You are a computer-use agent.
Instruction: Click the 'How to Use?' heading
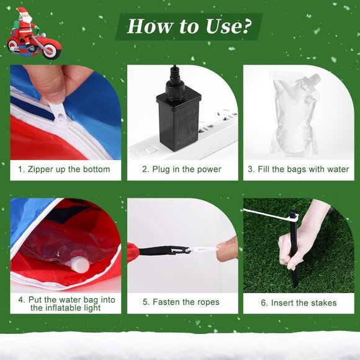pos(189,27)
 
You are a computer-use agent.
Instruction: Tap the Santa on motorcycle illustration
pos(34,34)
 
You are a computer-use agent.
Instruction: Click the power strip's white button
pos(151,150)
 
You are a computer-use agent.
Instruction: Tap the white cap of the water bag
pos(79,265)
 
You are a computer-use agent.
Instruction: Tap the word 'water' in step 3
pos(338,169)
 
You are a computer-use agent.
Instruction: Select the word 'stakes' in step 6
pos(323,303)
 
